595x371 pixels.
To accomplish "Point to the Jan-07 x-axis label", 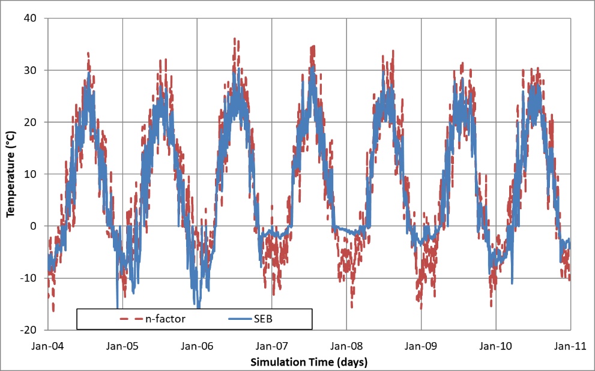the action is click(272, 346).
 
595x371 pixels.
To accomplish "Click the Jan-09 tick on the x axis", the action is click(421, 346).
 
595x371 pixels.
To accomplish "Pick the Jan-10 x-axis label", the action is click(496, 346).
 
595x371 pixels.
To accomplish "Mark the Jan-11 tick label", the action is click(570, 346).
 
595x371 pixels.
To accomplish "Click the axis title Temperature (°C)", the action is click(10, 174).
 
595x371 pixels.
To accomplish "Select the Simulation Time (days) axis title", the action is click(309, 361).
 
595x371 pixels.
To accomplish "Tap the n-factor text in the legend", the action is click(166, 319).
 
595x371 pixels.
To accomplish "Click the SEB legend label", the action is click(264, 319).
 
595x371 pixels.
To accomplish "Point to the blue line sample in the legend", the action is click(240, 319).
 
